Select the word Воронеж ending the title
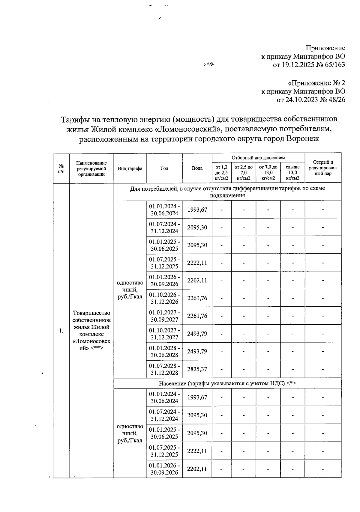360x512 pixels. (303, 139)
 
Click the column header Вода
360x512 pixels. (197, 168)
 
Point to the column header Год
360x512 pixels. (164, 168)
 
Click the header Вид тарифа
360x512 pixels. (130, 168)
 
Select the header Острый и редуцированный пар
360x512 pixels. (323, 168)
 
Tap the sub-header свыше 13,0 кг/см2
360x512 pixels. (292, 172)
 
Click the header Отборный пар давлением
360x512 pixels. (258, 158)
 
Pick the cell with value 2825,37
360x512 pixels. (197, 369)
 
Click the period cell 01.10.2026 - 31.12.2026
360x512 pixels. (164, 298)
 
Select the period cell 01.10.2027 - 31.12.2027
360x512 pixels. (164, 334)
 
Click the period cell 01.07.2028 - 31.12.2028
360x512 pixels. (164, 369)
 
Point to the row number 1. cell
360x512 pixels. (61, 331)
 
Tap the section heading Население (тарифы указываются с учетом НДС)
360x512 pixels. (227, 383)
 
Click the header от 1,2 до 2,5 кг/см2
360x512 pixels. (221, 172)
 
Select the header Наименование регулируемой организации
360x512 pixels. (91, 168)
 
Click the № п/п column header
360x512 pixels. (61, 168)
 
